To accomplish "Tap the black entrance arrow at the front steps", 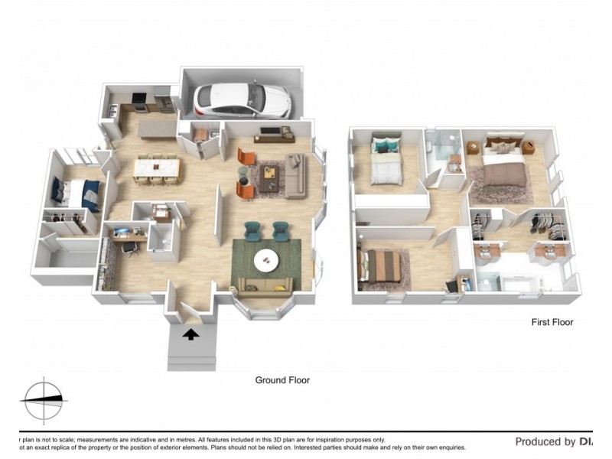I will (190, 334).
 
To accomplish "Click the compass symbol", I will (44, 399).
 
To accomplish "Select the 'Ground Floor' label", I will (282, 380).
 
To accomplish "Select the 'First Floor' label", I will (552, 322).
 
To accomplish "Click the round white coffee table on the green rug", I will (266, 260).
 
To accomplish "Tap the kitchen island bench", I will (157, 126).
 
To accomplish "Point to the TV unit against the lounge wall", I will (273, 135).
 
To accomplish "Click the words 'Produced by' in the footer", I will (545, 441).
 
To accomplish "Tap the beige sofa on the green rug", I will (264, 287).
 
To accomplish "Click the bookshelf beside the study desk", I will (103, 262).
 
